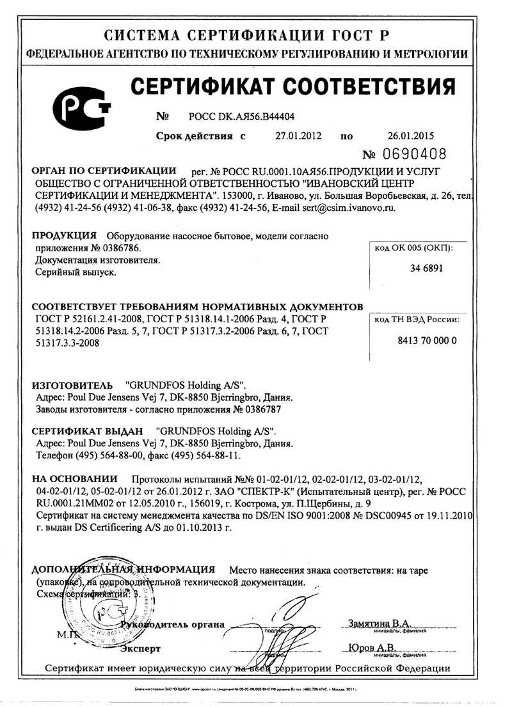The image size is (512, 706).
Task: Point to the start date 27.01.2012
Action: click(x=298, y=136)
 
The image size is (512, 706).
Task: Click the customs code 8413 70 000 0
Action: click(x=427, y=340)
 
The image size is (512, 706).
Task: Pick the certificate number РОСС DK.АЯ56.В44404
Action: click(x=243, y=116)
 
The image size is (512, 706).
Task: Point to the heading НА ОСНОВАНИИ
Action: click(x=75, y=478)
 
